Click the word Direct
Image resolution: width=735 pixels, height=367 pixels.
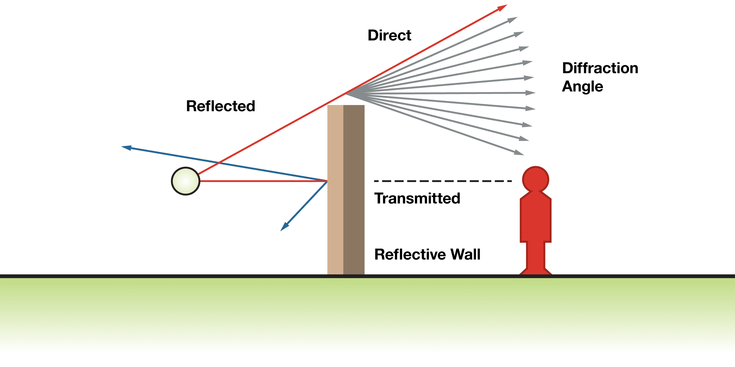389,36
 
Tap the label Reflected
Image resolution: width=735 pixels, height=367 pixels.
220,106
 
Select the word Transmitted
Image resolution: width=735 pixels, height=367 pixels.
417,198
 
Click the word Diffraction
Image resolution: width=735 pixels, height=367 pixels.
600,68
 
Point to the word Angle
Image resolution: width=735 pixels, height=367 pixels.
582,87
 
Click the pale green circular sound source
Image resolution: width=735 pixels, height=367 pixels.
186,181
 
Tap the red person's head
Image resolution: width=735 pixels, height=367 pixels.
535,179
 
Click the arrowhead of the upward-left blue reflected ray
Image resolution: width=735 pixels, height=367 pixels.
127,147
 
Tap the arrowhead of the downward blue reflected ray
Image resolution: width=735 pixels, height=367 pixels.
284,227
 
